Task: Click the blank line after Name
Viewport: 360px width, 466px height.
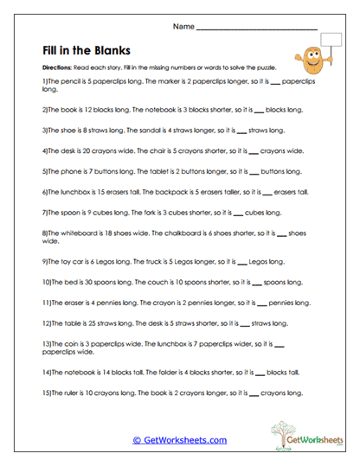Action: tap(256, 29)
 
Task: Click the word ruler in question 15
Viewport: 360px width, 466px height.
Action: tap(73, 392)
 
